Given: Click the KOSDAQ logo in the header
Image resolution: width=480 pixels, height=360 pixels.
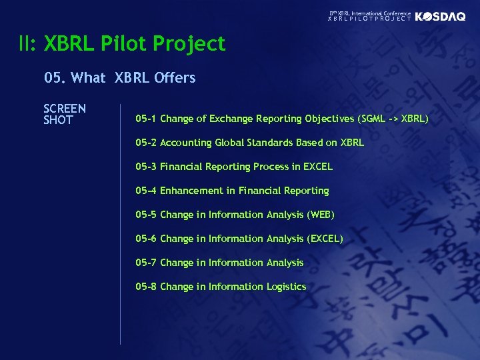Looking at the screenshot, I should coord(440,17).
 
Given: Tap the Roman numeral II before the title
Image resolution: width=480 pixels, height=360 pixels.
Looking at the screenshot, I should coord(28,44).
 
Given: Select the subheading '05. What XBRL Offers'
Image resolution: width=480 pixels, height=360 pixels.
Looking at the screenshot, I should coord(120,78).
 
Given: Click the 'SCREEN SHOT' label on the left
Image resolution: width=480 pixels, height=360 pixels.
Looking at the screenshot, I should coord(65,114).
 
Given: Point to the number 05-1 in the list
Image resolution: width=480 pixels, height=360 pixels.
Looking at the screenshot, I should coord(146,119).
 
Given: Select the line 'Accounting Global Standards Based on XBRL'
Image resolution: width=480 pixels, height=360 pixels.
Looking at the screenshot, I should coord(262,143).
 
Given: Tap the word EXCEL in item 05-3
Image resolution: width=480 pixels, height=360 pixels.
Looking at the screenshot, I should coord(317,167).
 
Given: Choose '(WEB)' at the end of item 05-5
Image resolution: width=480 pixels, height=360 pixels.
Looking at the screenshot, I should coord(321,215).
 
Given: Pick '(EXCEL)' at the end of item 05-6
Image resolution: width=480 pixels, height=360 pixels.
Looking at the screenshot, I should coord(325,239).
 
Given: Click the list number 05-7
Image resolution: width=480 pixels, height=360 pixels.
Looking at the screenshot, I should coord(146,263).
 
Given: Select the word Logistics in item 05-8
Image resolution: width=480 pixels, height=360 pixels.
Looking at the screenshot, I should coord(286,287).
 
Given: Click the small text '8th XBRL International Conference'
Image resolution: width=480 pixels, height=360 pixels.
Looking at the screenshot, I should coord(371,13).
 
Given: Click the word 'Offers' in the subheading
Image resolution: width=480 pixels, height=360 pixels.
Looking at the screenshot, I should coord(175,78).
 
